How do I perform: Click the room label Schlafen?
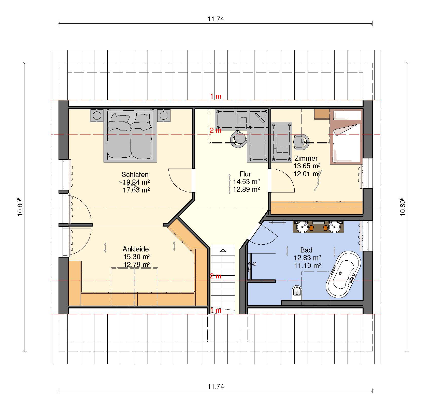(x=135, y=175)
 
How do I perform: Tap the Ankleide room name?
(x=136, y=249)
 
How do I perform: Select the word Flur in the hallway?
(x=245, y=174)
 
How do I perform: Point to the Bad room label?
(x=306, y=250)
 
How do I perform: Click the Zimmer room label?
(x=306, y=158)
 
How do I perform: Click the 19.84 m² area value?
(x=136, y=182)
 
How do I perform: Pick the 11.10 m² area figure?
(x=308, y=266)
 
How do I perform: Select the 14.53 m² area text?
(x=247, y=182)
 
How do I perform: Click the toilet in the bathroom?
(x=297, y=293)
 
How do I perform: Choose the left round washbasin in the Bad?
(x=303, y=227)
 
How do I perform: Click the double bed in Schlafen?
(x=130, y=136)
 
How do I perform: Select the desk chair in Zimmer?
(x=301, y=142)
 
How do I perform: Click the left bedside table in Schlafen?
(x=97, y=116)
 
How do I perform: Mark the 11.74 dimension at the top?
(x=216, y=19)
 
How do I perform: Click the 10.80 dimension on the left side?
(x=20, y=207)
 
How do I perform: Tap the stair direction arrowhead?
(x=223, y=250)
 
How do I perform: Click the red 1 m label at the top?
(x=216, y=96)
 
